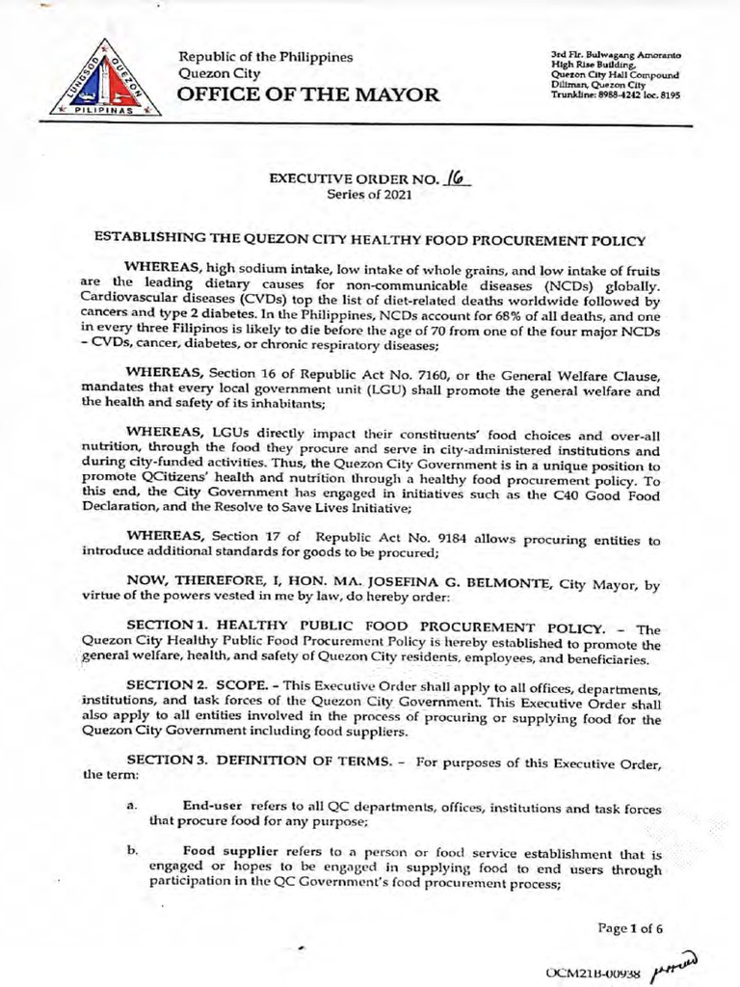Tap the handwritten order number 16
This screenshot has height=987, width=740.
458,177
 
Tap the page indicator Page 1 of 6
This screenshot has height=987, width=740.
630,929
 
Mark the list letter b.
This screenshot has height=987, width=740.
130,852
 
